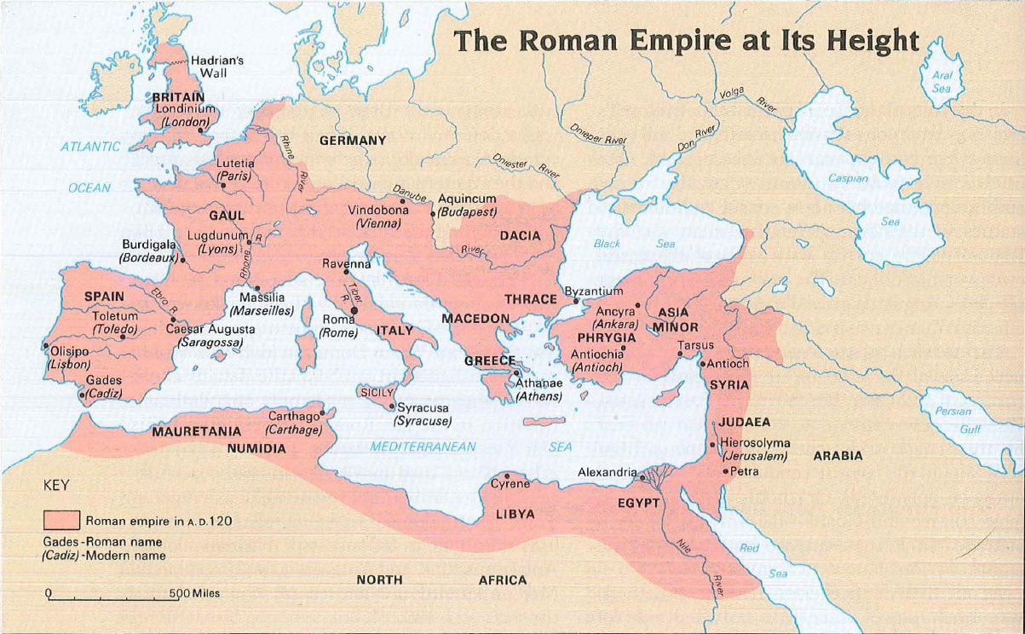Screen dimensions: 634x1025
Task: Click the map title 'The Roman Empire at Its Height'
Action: (687, 40)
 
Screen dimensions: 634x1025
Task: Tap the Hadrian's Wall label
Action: (217, 66)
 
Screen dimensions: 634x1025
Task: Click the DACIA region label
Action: (520, 235)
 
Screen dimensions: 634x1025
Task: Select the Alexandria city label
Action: (607, 472)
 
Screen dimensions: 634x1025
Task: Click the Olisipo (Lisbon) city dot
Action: (45, 346)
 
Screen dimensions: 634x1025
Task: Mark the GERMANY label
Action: (353, 141)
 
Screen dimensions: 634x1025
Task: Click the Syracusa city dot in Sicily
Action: (392, 406)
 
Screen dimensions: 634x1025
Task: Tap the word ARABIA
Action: (838, 456)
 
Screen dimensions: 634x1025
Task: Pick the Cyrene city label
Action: (510, 484)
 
